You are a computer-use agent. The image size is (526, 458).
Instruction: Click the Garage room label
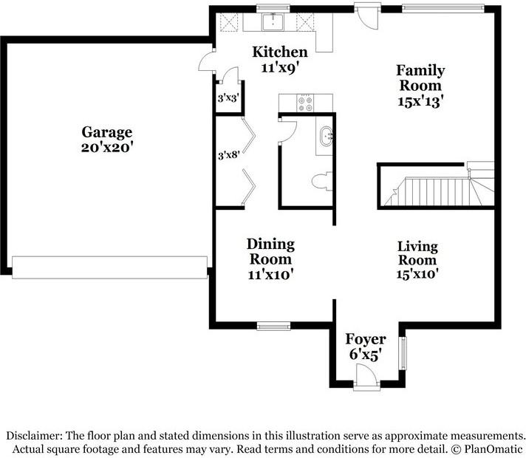tap(107, 132)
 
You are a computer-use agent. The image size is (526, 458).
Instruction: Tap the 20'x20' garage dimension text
tap(107, 147)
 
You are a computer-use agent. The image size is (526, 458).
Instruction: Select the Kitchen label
tap(280, 52)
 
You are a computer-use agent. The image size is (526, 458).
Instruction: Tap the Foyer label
tap(366, 340)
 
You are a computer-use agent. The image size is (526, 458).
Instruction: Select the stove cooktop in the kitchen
tap(305, 103)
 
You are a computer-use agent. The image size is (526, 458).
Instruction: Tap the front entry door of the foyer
tap(365, 379)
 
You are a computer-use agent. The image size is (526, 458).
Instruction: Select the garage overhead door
tap(109, 267)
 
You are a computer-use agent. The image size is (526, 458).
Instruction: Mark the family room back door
tap(364, 13)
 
